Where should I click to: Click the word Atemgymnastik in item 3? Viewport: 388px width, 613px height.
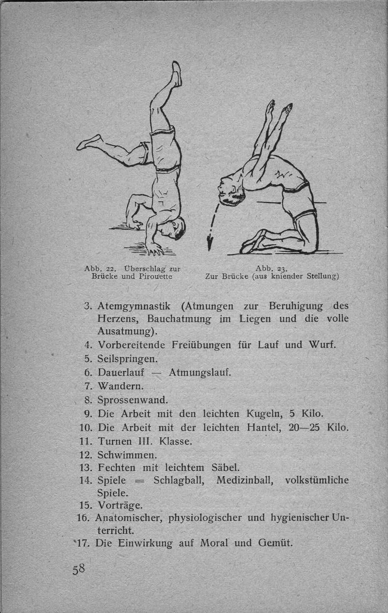pyautogui.click(x=135, y=306)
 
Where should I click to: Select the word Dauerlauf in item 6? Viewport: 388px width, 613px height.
pyautogui.click(x=121, y=372)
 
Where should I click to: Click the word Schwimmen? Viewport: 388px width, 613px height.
pyautogui.click(x=127, y=455)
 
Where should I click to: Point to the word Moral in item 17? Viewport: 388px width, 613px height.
pyautogui.click(x=214, y=543)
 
